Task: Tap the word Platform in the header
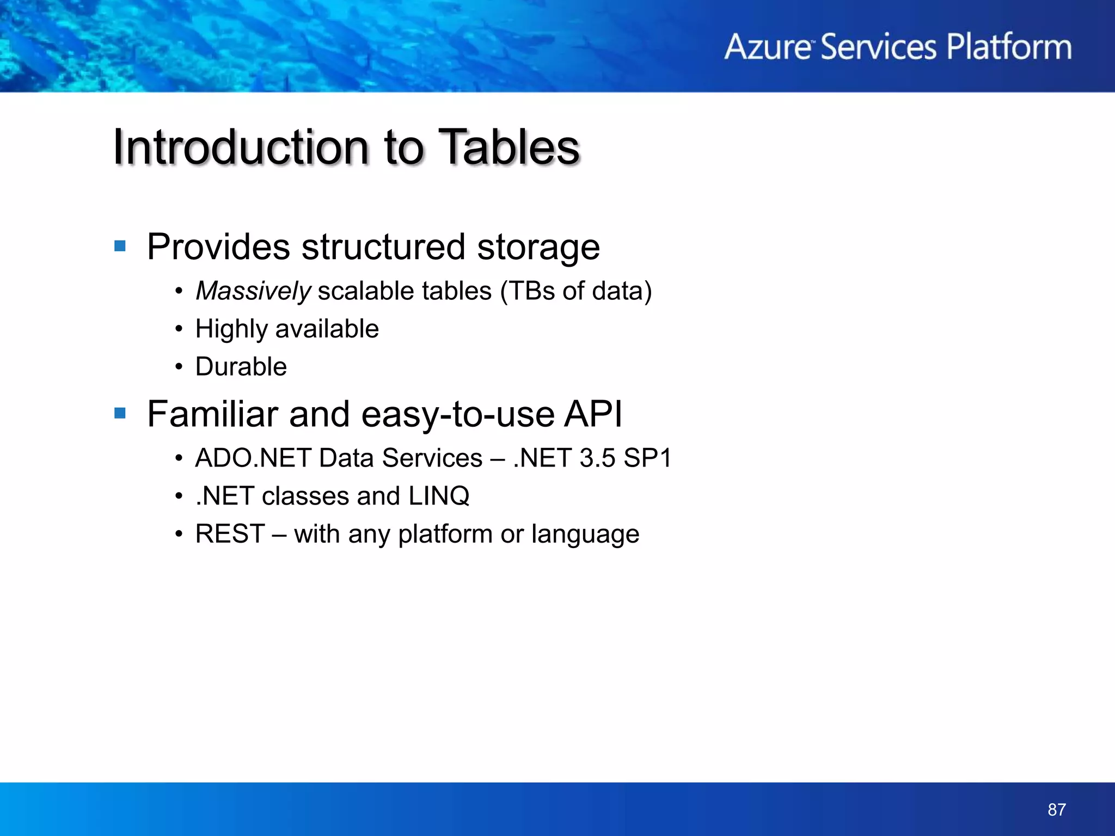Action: pos(1009,47)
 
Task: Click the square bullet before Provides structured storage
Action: pos(120,247)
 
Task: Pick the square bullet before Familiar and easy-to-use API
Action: pos(120,414)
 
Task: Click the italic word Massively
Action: pos(253,291)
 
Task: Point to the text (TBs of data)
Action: pos(575,291)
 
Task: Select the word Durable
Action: pos(241,367)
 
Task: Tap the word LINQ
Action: pos(439,496)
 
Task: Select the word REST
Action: pos(230,534)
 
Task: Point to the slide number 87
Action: pos(1056,809)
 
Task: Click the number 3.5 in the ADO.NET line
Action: pos(597,458)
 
